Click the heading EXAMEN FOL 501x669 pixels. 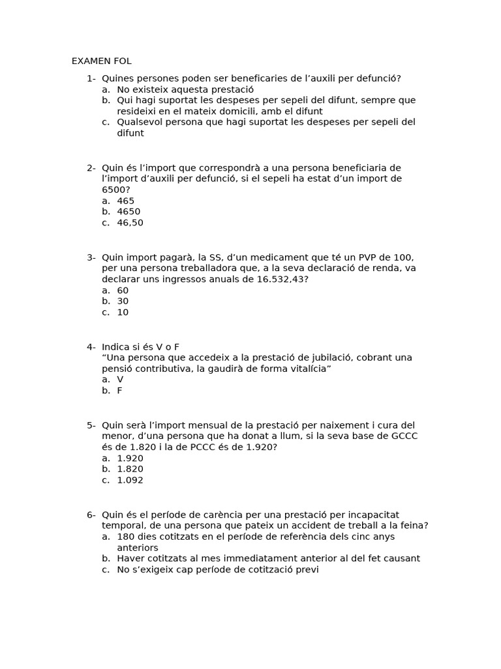click(101, 61)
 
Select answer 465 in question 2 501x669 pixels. click(125, 201)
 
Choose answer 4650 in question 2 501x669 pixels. click(129, 212)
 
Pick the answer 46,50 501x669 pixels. click(130, 223)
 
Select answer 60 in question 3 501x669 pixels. click(123, 290)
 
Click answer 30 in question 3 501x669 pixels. click(123, 301)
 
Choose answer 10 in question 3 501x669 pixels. click(123, 312)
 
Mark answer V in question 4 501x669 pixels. click(120, 380)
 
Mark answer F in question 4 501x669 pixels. click(119, 391)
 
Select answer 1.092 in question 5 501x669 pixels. click(130, 480)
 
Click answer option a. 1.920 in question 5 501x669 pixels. click(130, 458)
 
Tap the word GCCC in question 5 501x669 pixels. click(404, 436)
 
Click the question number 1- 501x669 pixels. click(91, 78)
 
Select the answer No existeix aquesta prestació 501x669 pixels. click(185, 90)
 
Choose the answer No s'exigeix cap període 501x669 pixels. click(218, 570)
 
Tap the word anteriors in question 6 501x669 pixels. click(138, 547)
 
